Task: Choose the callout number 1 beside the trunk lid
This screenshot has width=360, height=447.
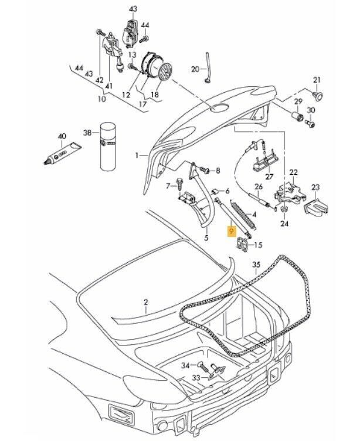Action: (136, 156)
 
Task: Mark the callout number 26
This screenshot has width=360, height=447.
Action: (257, 188)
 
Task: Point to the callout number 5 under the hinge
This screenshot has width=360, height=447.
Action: (205, 238)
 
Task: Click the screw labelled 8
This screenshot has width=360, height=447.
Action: (207, 171)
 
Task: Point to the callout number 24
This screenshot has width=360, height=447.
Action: (285, 223)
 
